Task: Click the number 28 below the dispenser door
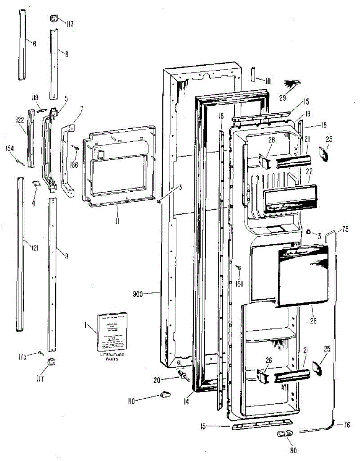tap(314, 321)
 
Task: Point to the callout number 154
tap(8, 148)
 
